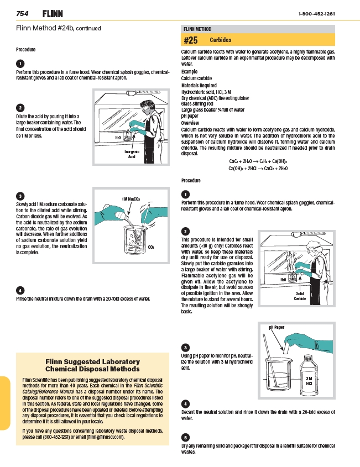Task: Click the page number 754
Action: (x=23, y=13)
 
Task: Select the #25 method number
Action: (x=190, y=40)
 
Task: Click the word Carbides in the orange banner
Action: (x=220, y=40)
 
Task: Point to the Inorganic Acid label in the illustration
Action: (x=132, y=154)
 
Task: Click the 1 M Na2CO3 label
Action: (x=131, y=198)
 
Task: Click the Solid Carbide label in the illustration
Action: (x=300, y=296)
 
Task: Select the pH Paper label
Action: (x=276, y=327)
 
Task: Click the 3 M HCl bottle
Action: (x=310, y=378)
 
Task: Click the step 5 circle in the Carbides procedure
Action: (x=186, y=437)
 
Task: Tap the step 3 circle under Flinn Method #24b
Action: (x=20, y=196)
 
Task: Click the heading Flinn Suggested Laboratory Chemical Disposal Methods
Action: (x=92, y=365)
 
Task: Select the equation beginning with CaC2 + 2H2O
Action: (x=258, y=161)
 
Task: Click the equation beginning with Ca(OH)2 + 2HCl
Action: (x=258, y=168)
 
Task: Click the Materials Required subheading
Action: (x=199, y=86)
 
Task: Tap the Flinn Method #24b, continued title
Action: (x=59, y=28)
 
